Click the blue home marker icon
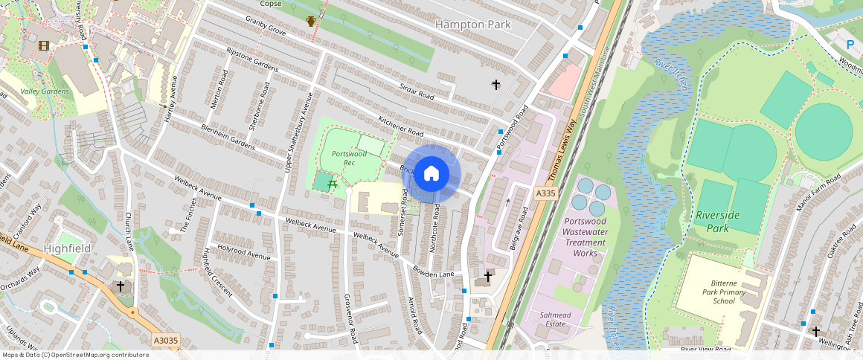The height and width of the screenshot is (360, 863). coord(431,175)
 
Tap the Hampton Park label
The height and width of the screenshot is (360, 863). coord(474,25)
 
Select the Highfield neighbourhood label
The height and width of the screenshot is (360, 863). coord(67,248)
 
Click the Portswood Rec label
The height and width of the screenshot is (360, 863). coord(349,158)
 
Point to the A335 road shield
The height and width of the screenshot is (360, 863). coord(545,193)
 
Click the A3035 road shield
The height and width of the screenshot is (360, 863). coord(165,341)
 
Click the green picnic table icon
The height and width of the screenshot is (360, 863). coord(333,181)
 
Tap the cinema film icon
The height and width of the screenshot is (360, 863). coord(45,46)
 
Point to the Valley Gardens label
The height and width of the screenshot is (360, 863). coord(45,91)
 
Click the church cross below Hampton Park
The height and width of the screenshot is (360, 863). coord(496,85)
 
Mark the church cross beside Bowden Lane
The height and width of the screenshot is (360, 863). coord(487,277)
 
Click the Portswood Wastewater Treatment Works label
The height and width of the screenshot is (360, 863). coord(586,237)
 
